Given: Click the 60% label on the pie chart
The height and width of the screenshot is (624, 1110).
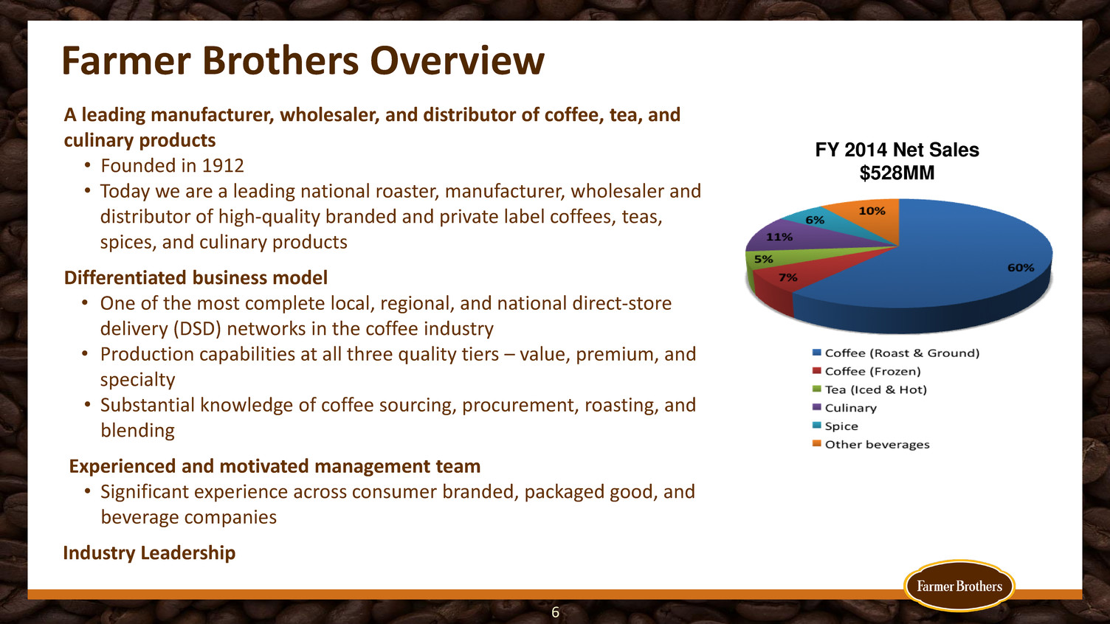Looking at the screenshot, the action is click(1021, 268).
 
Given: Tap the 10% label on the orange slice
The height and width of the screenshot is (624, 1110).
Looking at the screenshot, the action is click(872, 211).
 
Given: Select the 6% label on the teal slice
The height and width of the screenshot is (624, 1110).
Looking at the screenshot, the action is click(815, 220).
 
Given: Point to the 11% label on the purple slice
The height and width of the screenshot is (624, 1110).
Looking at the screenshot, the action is click(779, 238).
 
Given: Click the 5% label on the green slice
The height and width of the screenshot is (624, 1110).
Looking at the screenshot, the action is click(764, 259).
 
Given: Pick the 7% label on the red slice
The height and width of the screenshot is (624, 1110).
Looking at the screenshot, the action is click(788, 277).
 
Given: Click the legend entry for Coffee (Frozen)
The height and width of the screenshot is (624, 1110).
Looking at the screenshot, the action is click(866, 372).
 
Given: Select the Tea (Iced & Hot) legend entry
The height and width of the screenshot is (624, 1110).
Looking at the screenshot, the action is click(869, 389).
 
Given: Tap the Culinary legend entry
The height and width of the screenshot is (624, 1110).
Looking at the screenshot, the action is click(845, 408).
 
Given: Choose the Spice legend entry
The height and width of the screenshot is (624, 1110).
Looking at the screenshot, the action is click(835, 426).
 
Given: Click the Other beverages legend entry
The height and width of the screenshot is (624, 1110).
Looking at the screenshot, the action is click(871, 444).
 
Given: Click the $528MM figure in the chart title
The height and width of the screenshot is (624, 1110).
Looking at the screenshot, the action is click(897, 173).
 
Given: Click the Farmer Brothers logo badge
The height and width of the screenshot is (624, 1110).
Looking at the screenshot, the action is click(959, 586).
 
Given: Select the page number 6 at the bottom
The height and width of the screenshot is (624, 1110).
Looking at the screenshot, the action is click(556, 613).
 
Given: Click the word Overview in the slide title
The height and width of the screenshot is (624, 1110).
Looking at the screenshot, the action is click(457, 60).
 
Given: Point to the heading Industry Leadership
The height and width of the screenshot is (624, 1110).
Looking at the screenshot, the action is click(149, 552).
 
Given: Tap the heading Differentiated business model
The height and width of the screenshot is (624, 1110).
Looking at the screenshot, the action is click(196, 278).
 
